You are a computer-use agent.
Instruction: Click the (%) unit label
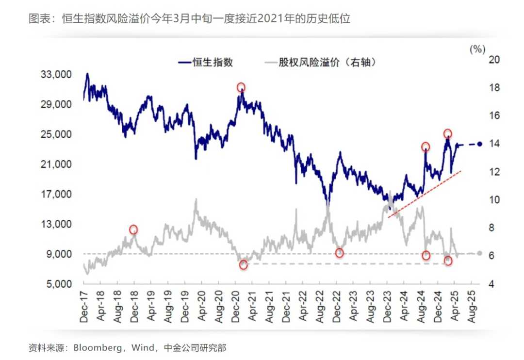(477, 49)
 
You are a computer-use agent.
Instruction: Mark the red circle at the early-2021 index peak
(241, 88)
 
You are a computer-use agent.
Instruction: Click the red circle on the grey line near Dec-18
(133, 229)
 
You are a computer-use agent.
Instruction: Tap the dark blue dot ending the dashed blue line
(479, 144)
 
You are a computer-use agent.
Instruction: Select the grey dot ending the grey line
(479, 253)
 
